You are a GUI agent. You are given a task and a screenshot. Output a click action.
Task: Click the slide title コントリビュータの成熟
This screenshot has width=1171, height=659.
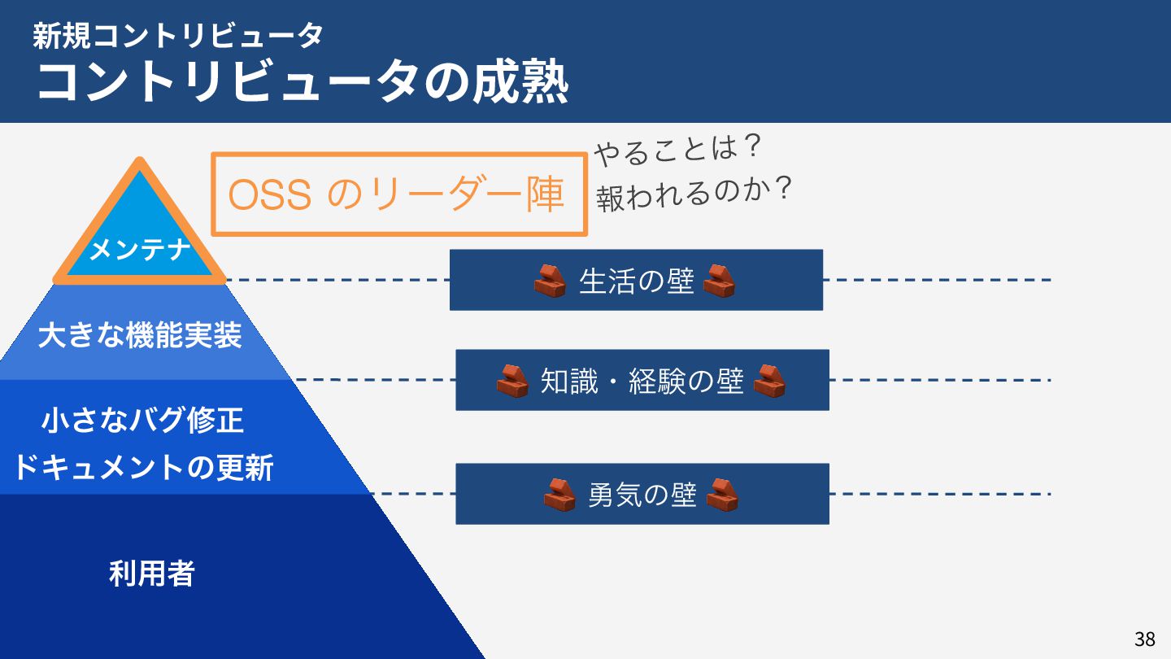pyautogui.click(x=302, y=81)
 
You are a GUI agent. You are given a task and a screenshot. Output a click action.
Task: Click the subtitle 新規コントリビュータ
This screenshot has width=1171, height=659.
pyautogui.click(x=179, y=34)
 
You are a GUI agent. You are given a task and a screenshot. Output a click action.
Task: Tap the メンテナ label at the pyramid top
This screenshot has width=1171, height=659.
pyautogui.click(x=139, y=250)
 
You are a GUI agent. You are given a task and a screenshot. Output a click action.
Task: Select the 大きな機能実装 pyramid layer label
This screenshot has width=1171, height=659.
pyautogui.click(x=140, y=335)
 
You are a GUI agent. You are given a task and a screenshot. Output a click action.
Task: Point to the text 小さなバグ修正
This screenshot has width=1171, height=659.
pyautogui.click(x=142, y=421)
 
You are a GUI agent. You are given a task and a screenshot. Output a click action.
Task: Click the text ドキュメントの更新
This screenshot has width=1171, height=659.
pyautogui.click(x=143, y=468)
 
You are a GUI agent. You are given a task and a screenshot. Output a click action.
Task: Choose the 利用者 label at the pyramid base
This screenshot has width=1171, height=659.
pyautogui.click(x=152, y=574)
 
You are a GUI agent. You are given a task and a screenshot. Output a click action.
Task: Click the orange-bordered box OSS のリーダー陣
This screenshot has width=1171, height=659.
pyautogui.click(x=398, y=194)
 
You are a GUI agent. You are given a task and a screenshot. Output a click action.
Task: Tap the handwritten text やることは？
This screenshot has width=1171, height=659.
pyautogui.click(x=677, y=150)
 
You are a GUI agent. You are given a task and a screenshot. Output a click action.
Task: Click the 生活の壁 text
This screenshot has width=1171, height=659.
pyautogui.click(x=636, y=281)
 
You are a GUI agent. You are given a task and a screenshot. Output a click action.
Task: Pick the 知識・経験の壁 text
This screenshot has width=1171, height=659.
pyautogui.click(x=642, y=381)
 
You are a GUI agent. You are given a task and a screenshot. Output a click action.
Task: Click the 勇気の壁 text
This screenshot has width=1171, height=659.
pyautogui.click(x=642, y=495)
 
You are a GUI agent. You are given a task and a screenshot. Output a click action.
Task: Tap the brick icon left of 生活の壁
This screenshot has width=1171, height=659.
pyautogui.click(x=551, y=281)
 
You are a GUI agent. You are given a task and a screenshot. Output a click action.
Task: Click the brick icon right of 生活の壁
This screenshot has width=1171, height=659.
pyautogui.click(x=720, y=281)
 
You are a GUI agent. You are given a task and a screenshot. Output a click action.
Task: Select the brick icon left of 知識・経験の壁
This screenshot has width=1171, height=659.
pyautogui.click(x=513, y=381)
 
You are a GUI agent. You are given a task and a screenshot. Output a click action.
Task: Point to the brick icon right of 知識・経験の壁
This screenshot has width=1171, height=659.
pyautogui.click(x=769, y=381)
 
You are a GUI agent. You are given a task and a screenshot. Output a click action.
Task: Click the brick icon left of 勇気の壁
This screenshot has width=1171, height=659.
pyautogui.click(x=559, y=495)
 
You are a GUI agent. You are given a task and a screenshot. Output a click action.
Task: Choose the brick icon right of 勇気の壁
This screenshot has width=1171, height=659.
pyautogui.click(x=723, y=495)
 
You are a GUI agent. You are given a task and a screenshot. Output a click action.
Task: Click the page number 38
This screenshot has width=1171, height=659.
pyautogui.click(x=1144, y=639)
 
